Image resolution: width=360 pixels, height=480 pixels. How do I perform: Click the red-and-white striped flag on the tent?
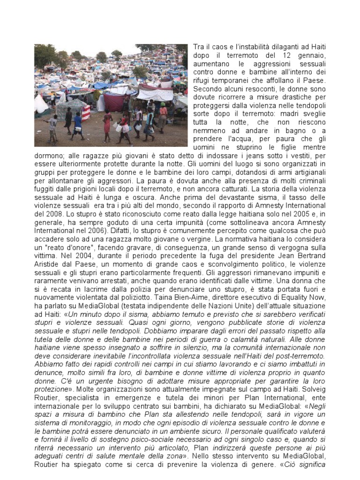pyautogui.click(x=86, y=112)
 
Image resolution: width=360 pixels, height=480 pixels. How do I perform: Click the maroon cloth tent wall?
pyautogui.click(x=113, y=101)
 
